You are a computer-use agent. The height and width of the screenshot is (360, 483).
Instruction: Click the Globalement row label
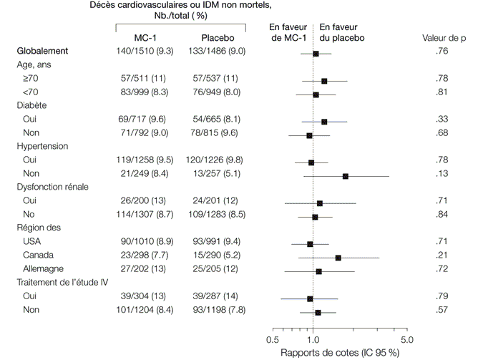pos(42,52)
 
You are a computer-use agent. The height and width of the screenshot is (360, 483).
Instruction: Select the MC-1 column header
pos(147,37)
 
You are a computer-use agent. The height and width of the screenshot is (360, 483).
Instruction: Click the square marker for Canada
pos(338,257)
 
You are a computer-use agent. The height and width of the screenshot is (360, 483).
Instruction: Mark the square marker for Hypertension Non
pos(346,175)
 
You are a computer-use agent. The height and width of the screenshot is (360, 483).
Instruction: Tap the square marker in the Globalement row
pos(316,54)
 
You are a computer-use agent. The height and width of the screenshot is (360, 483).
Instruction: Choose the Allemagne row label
pos(44,269)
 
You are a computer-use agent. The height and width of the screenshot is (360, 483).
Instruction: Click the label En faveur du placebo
pos(342,31)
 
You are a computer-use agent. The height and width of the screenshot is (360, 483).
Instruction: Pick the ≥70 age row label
pos(31,78)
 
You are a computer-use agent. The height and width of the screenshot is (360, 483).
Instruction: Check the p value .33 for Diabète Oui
pos(442,120)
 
